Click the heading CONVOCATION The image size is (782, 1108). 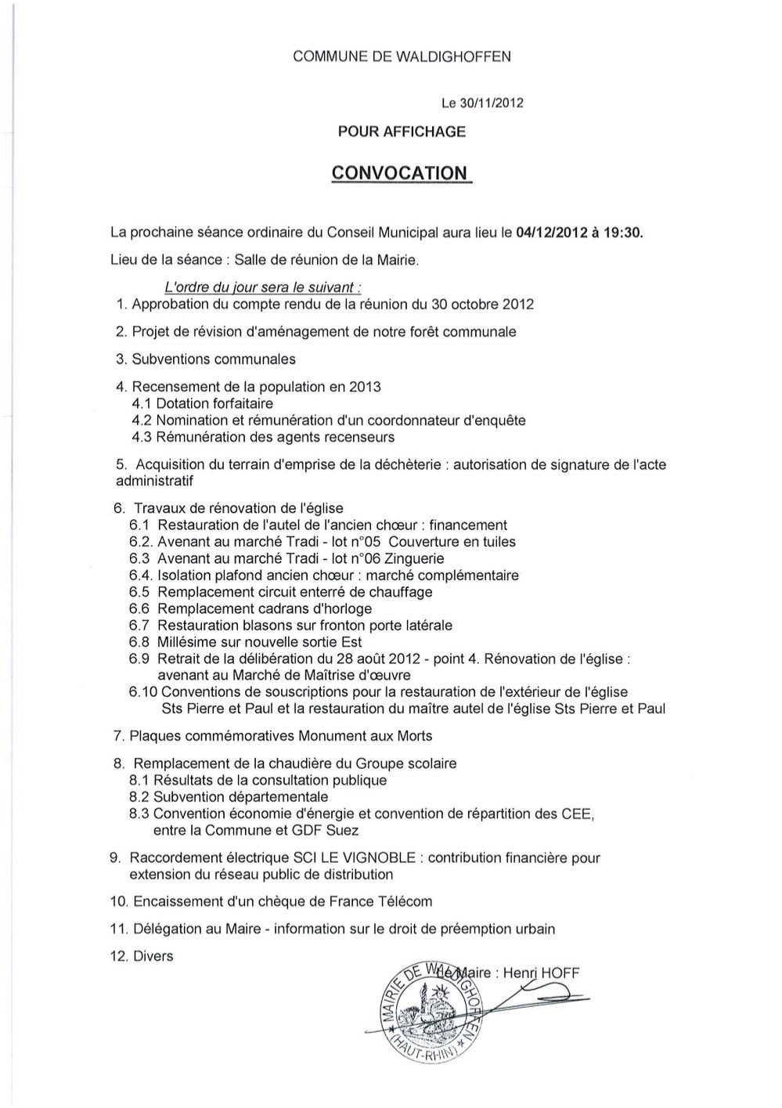400,172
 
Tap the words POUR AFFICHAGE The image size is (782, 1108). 402,132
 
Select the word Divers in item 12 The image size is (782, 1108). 153,956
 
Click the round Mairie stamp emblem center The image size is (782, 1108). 426,1010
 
